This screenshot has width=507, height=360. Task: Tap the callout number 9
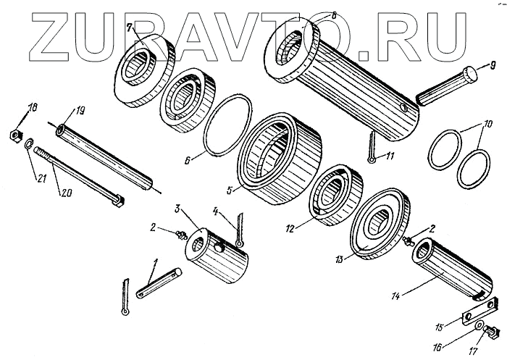[487, 63]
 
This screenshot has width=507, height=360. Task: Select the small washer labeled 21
[26, 146]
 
